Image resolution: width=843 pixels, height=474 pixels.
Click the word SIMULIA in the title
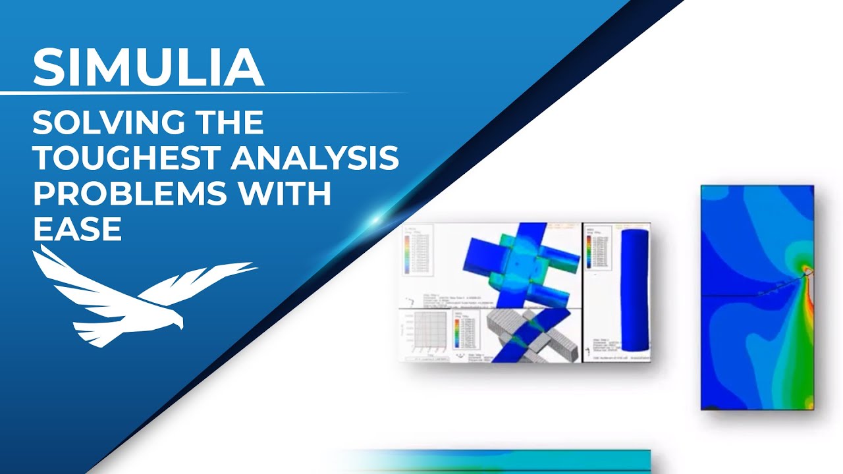click(148, 67)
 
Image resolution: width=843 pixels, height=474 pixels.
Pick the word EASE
click(77, 230)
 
